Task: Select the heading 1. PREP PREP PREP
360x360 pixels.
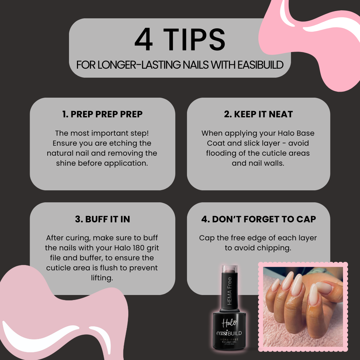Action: pos(102,114)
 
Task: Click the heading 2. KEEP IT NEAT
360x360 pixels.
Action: pos(258,114)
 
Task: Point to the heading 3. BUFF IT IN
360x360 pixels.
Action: pos(102,219)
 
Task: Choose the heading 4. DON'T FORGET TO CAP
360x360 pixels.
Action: pos(258,219)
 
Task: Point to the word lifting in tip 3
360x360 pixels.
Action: pos(102,278)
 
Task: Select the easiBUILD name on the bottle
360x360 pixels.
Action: pos(229,333)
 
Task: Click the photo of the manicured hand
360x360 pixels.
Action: pos(303,307)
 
